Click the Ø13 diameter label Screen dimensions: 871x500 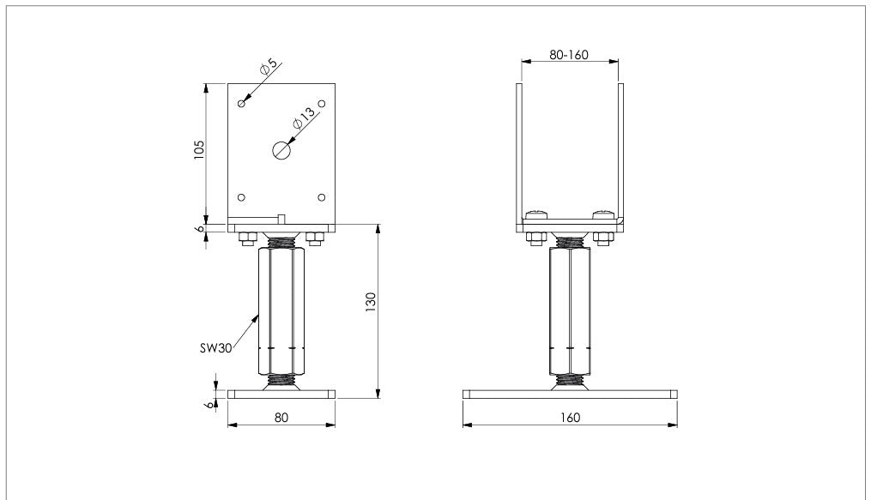(x=303, y=117)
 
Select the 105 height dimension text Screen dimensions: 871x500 (x=199, y=150)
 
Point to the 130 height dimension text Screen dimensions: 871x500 (x=371, y=302)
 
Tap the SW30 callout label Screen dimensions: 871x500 (x=215, y=348)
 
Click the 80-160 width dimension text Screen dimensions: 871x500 (x=569, y=54)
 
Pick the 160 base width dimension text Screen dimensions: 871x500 (x=570, y=418)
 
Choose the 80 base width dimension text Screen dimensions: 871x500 (x=281, y=418)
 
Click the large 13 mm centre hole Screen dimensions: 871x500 (x=281, y=150)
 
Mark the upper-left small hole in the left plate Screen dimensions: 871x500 (x=242, y=104)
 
